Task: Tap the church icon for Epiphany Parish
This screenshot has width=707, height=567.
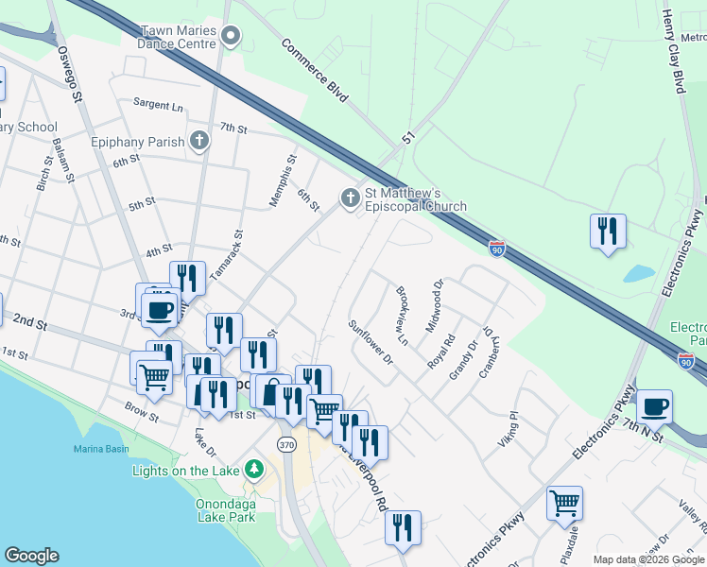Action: pyautogui.click(x=198, y=142)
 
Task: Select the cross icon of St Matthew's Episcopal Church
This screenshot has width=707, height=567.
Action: pyautogui.click(x=350, y=198)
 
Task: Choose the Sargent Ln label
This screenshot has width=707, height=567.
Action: pyautogui.click(x=157, y=104)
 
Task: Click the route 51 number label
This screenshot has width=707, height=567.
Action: pyautogui.click(x=408, y=139)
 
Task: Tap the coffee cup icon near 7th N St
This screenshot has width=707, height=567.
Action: pyautogui.click(x=654, y=406)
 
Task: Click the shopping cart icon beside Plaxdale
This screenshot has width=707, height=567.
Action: pyautogui.click(x=564, y=503)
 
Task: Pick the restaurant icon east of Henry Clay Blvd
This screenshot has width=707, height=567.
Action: pyautogui.click(x=608, y=231)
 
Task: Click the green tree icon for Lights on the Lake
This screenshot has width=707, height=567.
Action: pyautogui.click(x=253, y=470)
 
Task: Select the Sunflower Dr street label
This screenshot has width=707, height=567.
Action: pyautogui.click(x=370, y=342)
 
